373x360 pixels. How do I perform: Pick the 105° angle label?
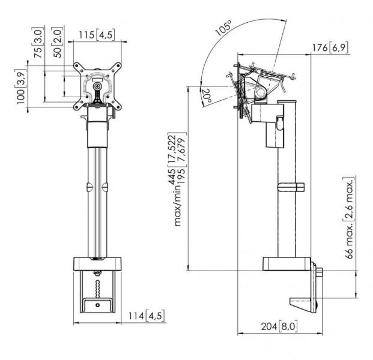223,28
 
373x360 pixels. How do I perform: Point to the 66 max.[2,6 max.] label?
350,218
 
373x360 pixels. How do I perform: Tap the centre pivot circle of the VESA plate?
97,86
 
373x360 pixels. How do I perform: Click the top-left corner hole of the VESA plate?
77,66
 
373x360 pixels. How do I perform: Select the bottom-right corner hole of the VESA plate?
117,107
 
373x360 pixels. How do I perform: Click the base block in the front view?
97,264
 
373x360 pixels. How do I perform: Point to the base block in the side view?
287,264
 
